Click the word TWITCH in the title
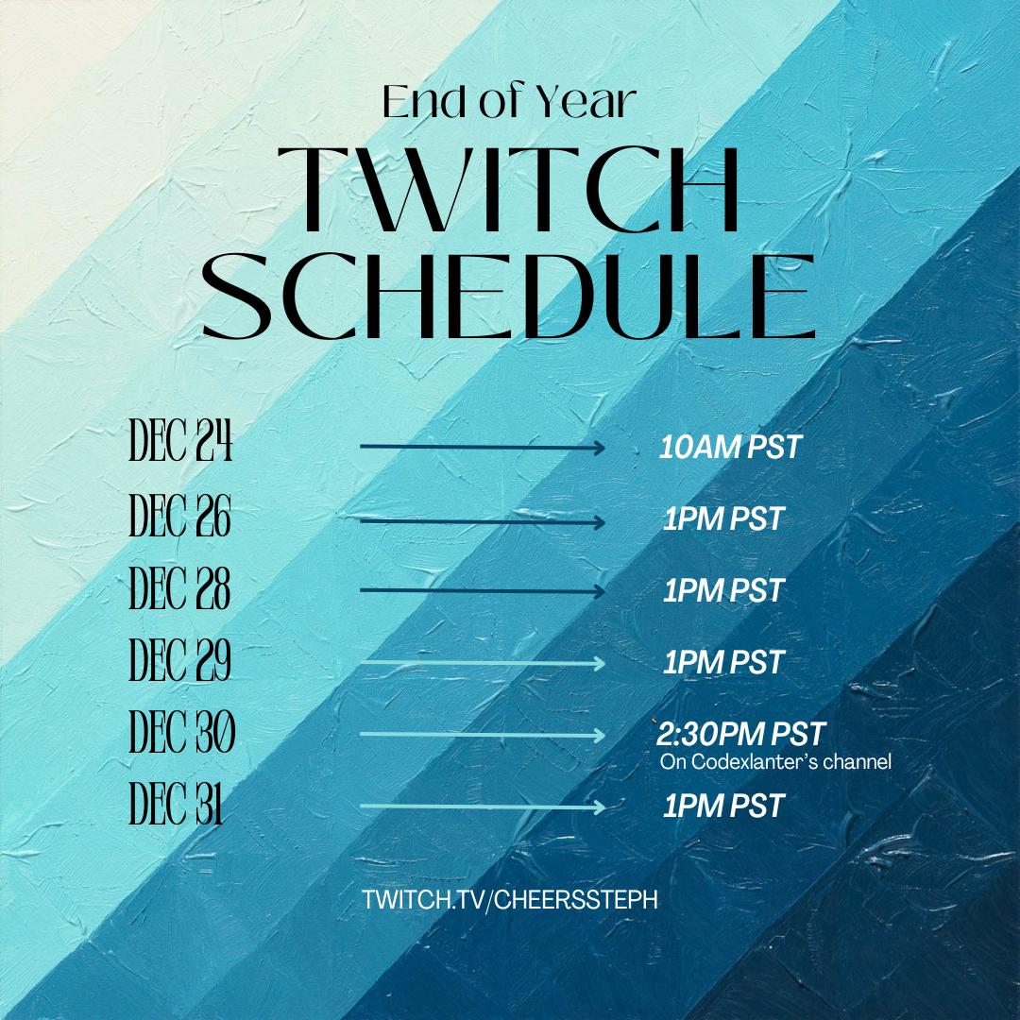[x=509, y=192]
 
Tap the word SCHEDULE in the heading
[x=509, y=297]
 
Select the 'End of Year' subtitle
[x=509, y=102]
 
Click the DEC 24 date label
[x=180, y=443]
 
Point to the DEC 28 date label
[x=180, y=589]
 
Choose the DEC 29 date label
[x=180, y=660]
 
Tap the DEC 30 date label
[x=182, y=733]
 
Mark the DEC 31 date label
[x=177, y=806]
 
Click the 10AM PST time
[x=730, y=447]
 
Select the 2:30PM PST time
[x=741, y=733]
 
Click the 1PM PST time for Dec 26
[x=723, y=518]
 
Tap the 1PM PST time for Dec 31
[x=723, y=806]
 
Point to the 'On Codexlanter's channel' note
[x=774, y=762]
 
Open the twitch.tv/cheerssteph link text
[x=510, y=899]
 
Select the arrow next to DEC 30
[x=482, y=735]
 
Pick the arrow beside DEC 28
[x=482, y=591]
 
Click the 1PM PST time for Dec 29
[x=723, y=662]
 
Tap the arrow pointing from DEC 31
[x=482, y=807]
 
